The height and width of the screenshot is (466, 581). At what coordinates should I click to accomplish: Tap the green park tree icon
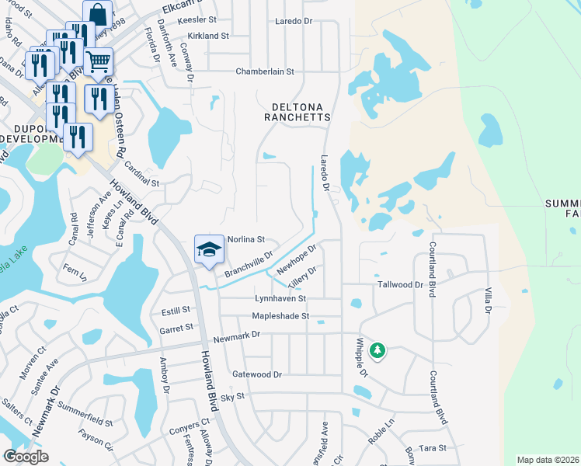click(x=377, y=351)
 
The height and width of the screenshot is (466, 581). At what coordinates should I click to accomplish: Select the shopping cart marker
click(x=99, y=62)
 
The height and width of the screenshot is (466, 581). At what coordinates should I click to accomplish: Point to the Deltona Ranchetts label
click(x=301, y=112)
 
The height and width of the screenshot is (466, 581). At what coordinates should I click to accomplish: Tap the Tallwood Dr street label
click(x=400, y=285)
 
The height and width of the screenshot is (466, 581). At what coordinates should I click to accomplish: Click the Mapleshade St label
click(x=280, y=316)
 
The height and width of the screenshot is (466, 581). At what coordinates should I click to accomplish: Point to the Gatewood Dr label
click(x=257, y=374)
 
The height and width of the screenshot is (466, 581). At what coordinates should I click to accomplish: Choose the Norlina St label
click(x=246, y=239)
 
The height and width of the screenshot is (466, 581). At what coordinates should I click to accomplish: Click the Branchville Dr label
click(x=249, y=263)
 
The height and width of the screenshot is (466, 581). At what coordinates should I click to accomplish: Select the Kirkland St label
click(x=207, y=36)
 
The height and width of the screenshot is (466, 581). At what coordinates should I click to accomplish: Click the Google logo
click(x=26, y=457)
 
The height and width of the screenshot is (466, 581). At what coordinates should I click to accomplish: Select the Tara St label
click(x=432, y=448)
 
